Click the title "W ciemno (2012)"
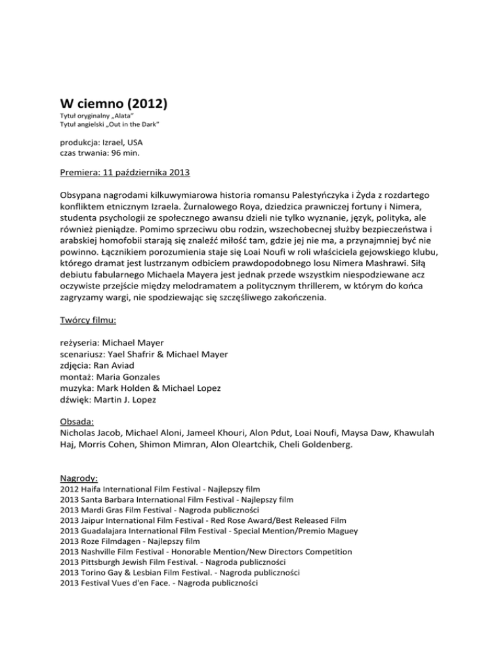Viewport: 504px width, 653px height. click(x=113, y=102)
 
